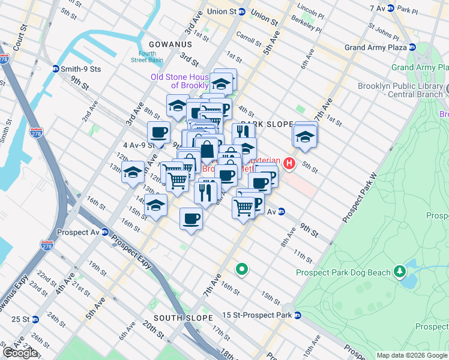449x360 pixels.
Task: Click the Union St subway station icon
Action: point(241,11)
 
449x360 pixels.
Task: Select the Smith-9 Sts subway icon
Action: point(55,69)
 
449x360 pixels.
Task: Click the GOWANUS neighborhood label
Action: point(171,44)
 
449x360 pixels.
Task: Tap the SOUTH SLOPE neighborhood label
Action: point(183,317)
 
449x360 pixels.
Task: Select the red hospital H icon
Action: point(290,163)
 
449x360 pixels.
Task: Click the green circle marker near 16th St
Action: point(242,269)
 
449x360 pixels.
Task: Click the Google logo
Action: point(19,353)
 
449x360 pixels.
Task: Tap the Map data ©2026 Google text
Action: point(412,355)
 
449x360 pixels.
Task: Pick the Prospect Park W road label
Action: point(360,198)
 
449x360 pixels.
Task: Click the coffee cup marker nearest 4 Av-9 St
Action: point(159,133)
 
